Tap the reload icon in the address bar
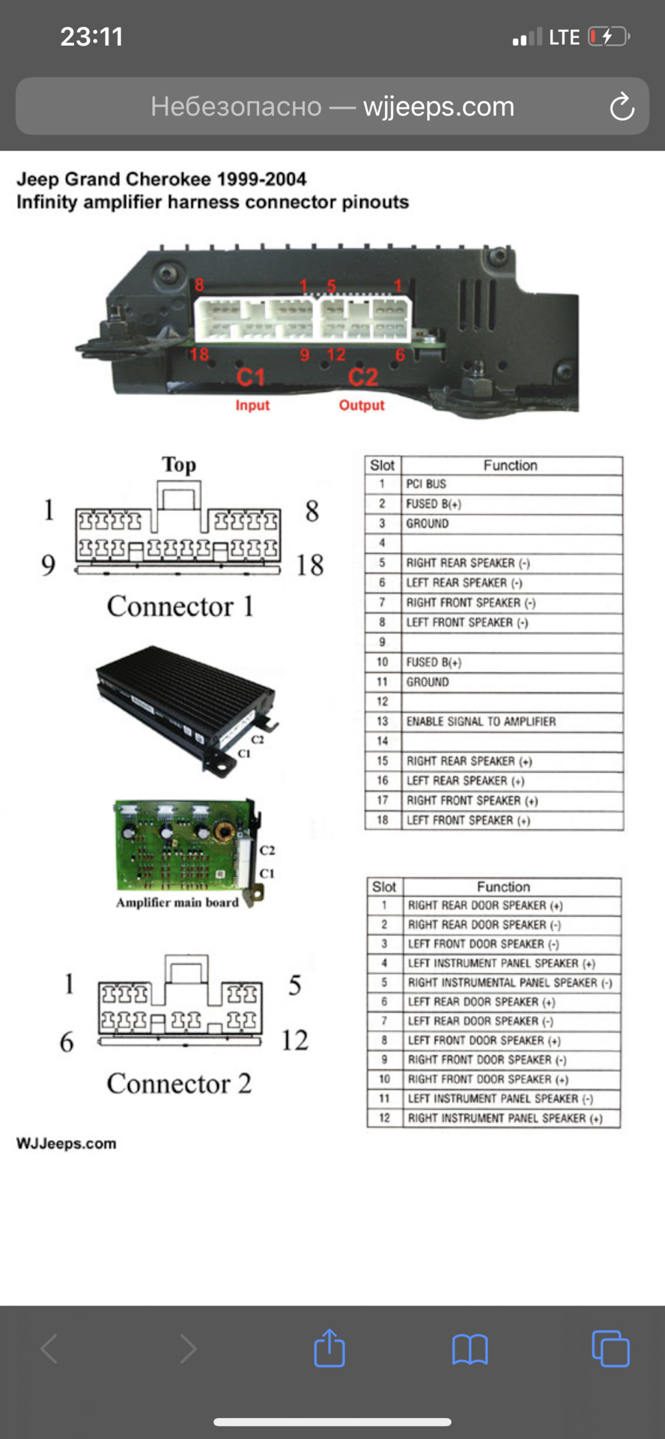coord(622,107)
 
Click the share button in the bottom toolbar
coord(330,1348)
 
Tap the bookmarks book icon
coord(470,1349)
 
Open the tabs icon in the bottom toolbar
coord(610,1348)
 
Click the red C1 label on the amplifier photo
coord(251,377)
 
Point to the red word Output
coord(362,405)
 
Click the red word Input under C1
coord(252,405)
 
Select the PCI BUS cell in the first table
coord(426,484)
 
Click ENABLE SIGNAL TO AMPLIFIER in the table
coord(481,722)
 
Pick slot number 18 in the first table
coord(383,821)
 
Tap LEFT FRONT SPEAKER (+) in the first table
coord(468,821)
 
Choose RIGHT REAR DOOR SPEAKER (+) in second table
coord(485,905)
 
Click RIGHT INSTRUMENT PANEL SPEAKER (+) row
coord(505,1118)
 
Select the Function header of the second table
coord(503,887)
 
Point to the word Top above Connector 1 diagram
coord(179,465)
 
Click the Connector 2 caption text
coord(179,1084)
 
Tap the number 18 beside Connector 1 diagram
coord(309,565)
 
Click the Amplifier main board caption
coord(177,903)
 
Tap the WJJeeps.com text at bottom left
coord(67,1144)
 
